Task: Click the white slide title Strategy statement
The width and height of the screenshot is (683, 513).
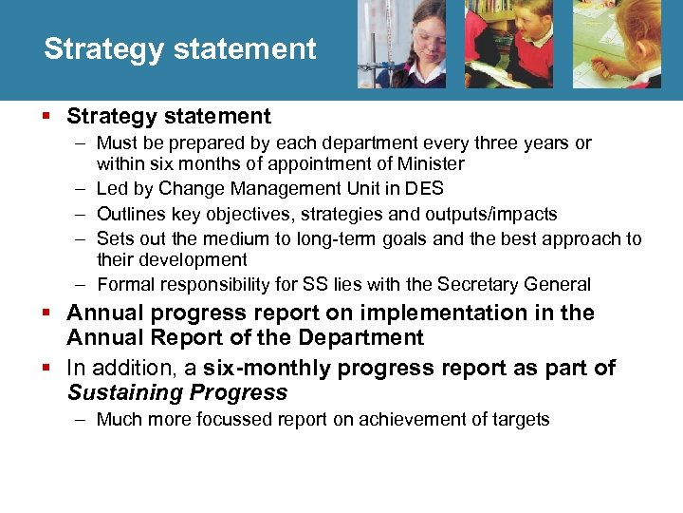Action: tap(179, 49)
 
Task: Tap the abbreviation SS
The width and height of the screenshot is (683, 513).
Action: tap(313, 284)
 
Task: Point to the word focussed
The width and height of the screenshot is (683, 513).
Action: tap(241, 419)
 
